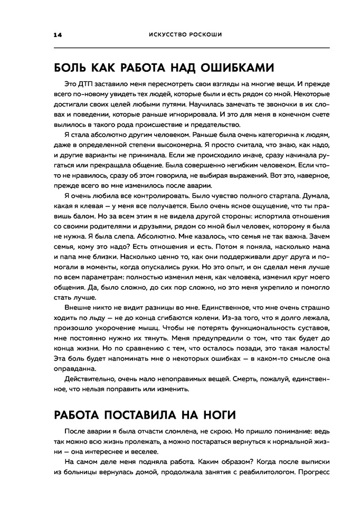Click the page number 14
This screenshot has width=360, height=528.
57,35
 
